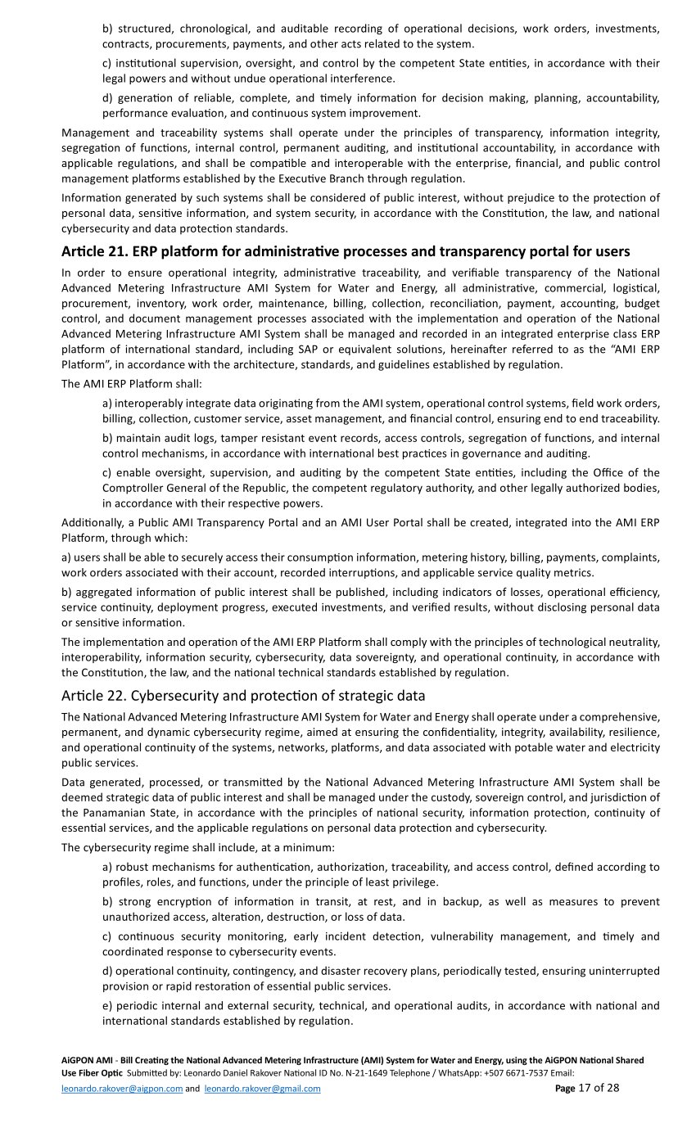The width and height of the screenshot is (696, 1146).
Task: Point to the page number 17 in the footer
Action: pos(584,1088)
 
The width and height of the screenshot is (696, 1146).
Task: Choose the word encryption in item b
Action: pos(184,901)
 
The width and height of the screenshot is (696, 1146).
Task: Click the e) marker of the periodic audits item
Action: pos(107,1005)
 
